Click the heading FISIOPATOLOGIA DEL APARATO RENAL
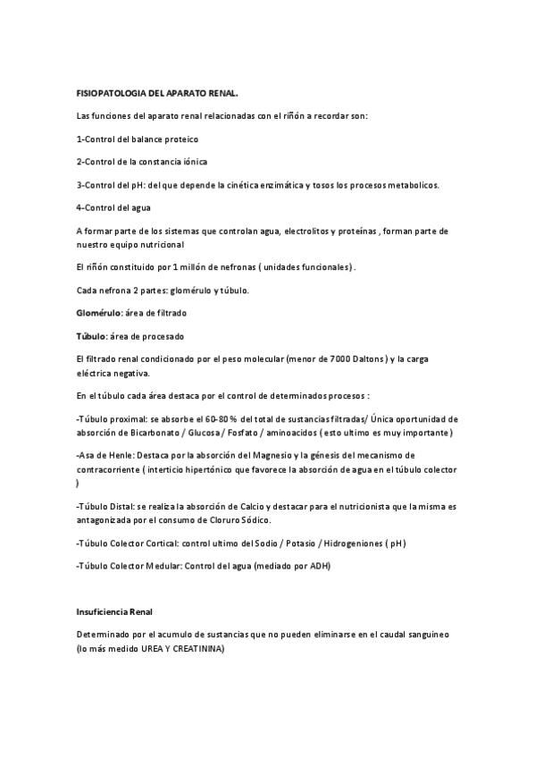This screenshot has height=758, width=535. click(x=157, y=93)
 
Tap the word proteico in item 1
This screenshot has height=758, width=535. click(x=179, y=139)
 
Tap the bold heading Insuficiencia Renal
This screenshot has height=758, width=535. click(x=115, y=611)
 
